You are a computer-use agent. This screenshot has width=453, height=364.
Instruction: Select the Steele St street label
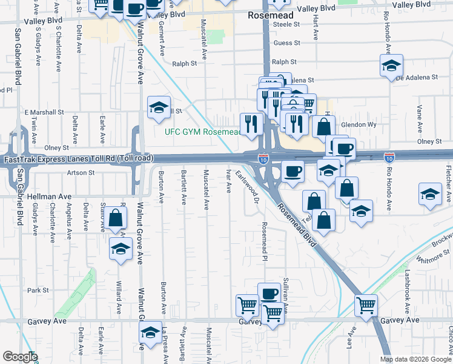click(286, 24)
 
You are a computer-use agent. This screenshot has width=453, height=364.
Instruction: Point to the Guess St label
click(286, 43)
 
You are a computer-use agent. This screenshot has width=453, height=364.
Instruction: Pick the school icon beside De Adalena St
click(391, 65)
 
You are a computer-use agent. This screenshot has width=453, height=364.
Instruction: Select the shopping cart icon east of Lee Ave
click(366, 305)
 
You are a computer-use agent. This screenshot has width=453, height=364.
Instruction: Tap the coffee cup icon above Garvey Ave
click(269, 294)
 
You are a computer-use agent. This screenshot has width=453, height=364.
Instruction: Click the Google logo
click(19, 357)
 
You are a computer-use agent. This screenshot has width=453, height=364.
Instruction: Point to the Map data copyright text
click(415, 359)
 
